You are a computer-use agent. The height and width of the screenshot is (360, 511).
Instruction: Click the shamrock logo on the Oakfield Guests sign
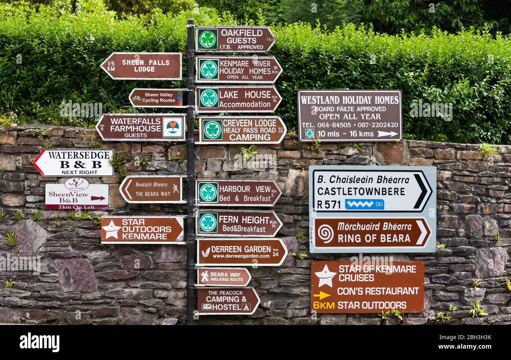207,39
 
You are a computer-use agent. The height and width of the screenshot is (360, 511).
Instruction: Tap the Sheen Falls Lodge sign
142,66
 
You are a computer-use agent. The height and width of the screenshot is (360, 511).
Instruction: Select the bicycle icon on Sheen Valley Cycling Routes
136,98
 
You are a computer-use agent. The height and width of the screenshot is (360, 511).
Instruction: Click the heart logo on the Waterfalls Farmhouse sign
173,127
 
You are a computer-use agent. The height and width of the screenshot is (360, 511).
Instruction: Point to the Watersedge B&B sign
74,162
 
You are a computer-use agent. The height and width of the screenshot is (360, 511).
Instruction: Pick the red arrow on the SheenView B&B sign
98,198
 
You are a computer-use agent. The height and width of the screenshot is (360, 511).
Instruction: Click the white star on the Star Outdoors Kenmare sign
111,230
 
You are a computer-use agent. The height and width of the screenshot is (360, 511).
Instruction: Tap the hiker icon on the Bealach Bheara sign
175,188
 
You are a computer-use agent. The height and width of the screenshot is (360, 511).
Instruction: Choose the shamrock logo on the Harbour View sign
208,192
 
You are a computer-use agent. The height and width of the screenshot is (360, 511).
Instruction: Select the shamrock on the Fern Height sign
208,223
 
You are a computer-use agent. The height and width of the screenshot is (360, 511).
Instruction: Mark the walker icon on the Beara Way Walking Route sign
204,276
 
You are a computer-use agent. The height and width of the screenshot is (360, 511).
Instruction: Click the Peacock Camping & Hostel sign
228,301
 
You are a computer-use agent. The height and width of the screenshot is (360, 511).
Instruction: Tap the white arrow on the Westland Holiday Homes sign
387,134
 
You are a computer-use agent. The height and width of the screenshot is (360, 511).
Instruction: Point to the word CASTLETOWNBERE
361,192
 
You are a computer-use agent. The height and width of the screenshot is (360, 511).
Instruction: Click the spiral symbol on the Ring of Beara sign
325,233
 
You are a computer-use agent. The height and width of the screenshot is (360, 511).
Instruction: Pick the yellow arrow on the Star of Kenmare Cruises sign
322,295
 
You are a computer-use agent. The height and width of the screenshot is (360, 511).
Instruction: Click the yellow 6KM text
324,305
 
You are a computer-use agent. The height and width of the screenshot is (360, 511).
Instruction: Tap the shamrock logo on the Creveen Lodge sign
212,130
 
